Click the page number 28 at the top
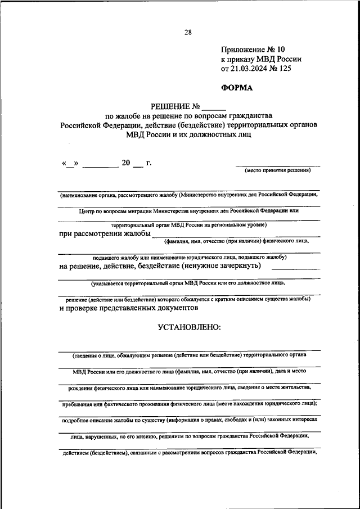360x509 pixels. click(x=188, y=33)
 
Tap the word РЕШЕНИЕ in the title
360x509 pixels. click(x=170, y=106)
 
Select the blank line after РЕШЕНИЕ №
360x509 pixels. click(x=214, y=107)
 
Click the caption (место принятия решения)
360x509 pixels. click(x=278, y=171)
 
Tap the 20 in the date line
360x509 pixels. click(x=125, y=164)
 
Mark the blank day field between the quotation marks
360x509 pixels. click(x=70, y=164)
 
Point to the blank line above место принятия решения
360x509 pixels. click(x=278, y=165)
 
